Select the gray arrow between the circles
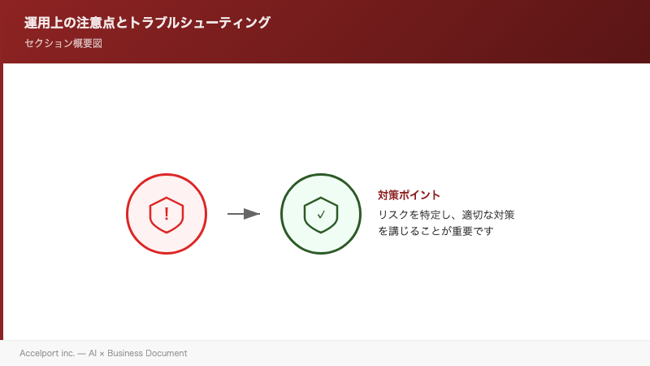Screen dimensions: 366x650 coord(243,214)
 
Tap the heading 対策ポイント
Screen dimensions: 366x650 coord(409,195)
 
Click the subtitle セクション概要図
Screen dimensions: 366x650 coord(63,43)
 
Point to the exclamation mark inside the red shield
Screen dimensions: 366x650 coord(167,214)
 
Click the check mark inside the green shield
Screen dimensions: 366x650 coord(321,215)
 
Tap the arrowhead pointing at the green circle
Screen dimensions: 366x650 coord(252,214)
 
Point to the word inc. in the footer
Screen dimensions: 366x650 coord(67,354)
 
